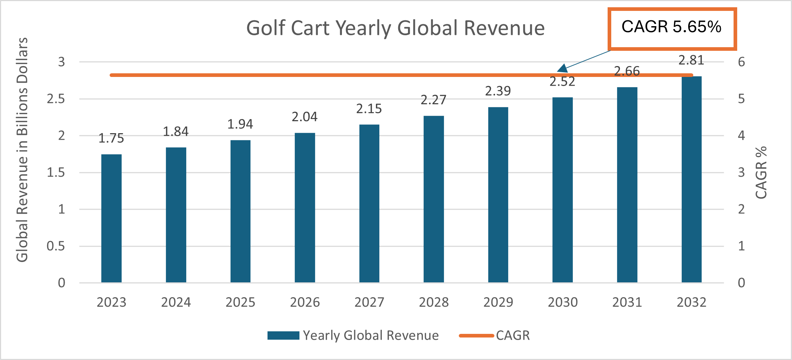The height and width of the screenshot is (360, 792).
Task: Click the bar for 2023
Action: pos(111,218)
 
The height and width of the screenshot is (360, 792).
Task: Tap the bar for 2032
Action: pos(691,180)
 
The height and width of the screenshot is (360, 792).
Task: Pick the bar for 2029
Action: pos(498,195)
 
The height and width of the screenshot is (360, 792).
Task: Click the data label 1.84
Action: pos(176,131)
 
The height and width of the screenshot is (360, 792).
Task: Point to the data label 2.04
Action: pos(305,117)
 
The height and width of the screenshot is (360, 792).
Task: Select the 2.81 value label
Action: pos(691,60)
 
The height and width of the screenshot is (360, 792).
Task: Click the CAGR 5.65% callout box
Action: pos(672,28)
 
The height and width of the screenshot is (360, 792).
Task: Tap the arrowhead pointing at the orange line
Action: pos(562,68)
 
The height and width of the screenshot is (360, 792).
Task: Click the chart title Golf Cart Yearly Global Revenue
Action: pos(396,28)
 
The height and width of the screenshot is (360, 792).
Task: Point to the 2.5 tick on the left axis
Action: pos(56,99)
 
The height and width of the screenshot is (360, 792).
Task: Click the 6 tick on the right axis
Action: pos(741,62)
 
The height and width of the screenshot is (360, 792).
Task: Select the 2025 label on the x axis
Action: pos(240,302)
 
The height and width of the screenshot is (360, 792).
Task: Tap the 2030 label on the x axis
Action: pos(563,302)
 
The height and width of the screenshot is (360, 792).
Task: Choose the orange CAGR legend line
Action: pos(476,336)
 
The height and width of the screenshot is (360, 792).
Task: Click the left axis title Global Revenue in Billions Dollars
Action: pos(22,150)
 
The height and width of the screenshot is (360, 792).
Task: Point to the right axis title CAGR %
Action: pos(761,172)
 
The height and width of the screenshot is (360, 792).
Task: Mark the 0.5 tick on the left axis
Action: pos(56,246)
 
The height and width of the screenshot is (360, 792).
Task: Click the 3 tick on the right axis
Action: pos(741,172)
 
